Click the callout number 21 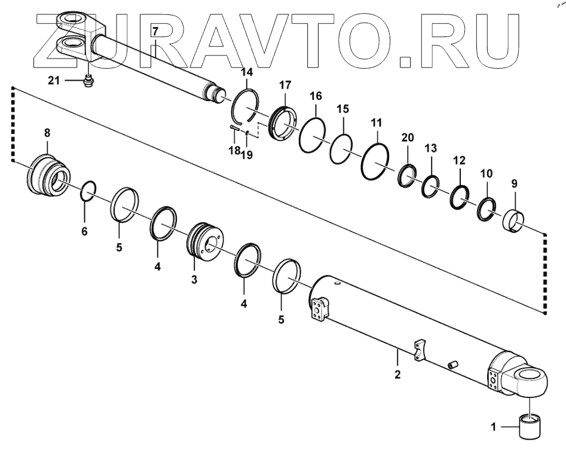54,80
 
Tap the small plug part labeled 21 88,81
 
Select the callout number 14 247,73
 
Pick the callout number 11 375,123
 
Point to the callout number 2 398,375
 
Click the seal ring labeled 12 460,197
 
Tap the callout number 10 487,173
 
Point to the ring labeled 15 341,148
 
